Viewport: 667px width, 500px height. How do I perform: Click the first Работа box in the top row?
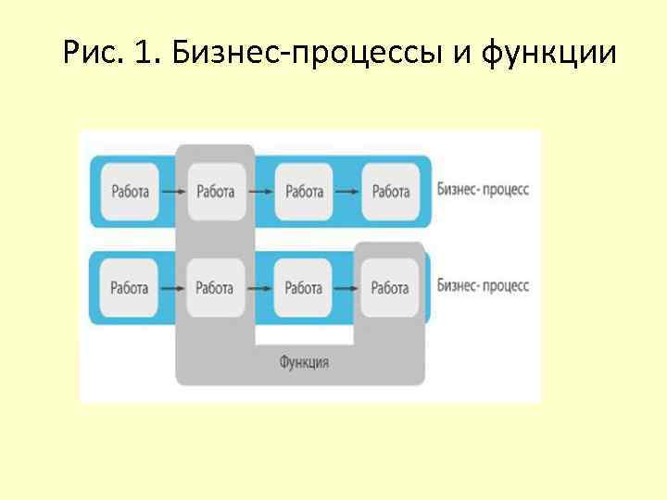click(130, 192)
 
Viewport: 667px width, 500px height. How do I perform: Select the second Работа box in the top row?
click(216, 192)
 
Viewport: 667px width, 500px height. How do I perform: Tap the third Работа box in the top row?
click(304, 192)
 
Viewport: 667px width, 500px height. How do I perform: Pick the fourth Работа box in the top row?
click(390, 192)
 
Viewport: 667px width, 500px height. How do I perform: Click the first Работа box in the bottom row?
click(130, 288)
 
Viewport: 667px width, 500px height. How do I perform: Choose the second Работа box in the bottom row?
click(216, 288)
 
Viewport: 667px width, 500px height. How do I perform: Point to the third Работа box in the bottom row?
click(304, 288)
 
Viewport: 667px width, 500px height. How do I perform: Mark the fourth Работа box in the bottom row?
click(390, 288)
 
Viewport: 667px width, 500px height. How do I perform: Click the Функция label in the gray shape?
click(304, 362)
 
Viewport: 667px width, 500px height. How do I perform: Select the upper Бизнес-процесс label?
click(483, 190)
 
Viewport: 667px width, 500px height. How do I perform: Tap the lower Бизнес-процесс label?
click(483, 285)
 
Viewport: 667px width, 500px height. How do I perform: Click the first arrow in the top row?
click(172, 192)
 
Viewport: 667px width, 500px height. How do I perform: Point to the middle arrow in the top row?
click(260, 192)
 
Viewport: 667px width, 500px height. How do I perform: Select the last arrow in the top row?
click(347, 192)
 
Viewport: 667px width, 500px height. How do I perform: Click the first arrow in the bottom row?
click(172, 288)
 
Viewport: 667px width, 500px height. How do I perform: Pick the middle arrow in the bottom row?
click(260, 288)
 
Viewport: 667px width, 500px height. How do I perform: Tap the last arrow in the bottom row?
click(347, 288)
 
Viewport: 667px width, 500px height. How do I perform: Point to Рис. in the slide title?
click(91, 53)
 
